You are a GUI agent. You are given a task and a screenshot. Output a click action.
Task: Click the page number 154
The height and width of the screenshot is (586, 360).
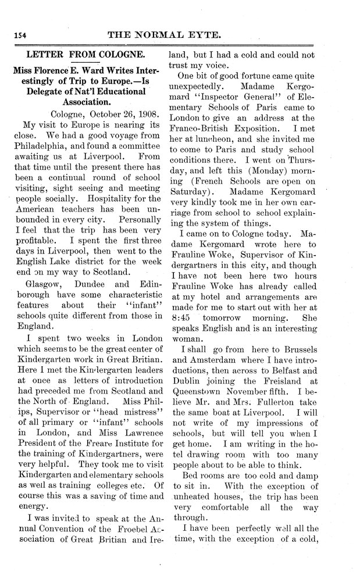(x=18, y=36)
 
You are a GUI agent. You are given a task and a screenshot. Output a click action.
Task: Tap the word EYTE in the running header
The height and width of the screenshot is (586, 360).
(x=203, y=35)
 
